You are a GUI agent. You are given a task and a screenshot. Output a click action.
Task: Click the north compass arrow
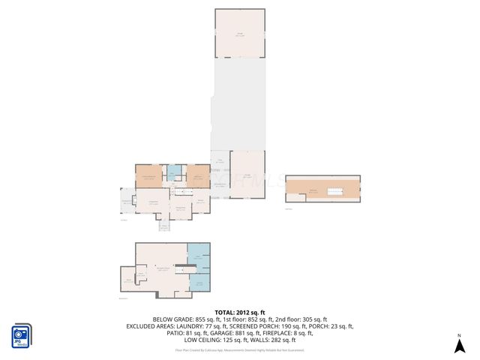457,344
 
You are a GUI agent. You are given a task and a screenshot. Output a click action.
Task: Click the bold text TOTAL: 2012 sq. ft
240,312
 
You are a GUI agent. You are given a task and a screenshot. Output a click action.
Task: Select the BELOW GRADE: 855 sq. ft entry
184,319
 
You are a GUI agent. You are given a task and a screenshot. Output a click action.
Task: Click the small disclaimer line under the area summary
240,349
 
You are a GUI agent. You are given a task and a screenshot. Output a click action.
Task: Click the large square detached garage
240,33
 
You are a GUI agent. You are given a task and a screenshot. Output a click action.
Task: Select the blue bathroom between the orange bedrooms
173,173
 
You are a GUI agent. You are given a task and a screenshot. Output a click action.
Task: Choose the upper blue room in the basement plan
199,257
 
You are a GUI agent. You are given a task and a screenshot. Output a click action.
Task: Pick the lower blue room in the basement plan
199,281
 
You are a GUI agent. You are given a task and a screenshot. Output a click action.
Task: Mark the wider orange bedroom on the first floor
148,176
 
